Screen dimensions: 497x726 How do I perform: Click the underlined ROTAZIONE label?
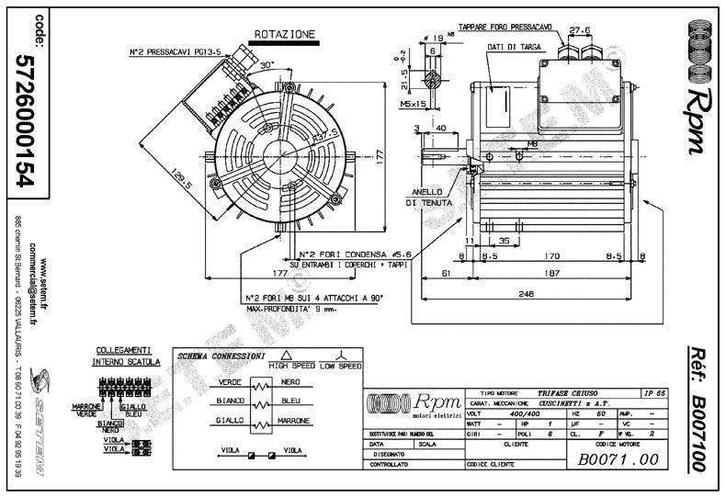point(284,34)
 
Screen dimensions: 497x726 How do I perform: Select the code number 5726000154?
point(25,119)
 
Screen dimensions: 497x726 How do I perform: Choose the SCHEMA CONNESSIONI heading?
point(221,356)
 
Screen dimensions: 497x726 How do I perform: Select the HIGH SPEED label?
point(290,365)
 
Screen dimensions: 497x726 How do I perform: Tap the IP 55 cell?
point(649,392)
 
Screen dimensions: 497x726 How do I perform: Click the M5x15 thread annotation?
point(425,104)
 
